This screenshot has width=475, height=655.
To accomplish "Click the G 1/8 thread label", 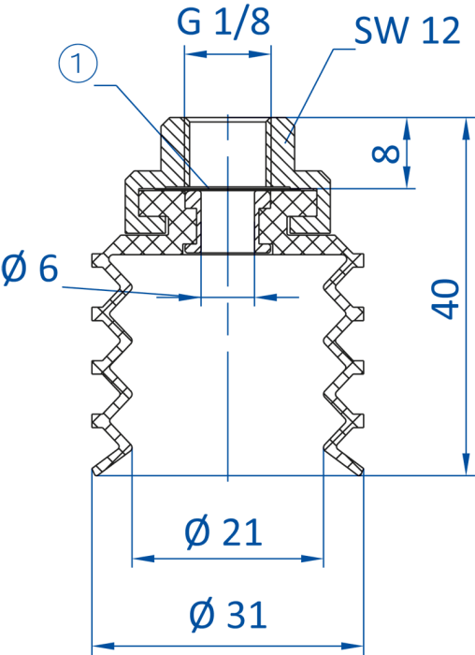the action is (223, 22).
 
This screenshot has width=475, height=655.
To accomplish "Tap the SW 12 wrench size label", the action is (407, 31).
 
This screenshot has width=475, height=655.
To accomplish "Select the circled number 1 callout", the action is (78, 65).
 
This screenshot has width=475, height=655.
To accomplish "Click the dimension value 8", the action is (385, 153).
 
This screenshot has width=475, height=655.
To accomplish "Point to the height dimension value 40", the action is (445, 299).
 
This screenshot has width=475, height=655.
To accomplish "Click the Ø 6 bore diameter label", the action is (29, 268).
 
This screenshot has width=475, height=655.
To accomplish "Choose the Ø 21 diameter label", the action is (223, 531).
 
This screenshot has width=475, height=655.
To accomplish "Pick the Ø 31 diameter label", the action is (228, 615).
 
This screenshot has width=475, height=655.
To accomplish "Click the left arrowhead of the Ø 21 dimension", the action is (143, 559).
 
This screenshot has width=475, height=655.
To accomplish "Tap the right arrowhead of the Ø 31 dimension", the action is (353, 646).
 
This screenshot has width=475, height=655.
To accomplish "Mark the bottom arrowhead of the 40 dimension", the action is (467, 464).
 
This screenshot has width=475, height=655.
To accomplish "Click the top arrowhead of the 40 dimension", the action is (467, 128).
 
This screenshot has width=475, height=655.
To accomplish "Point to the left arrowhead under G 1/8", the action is (195, 54).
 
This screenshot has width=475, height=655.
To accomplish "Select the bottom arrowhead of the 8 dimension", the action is (408, 178).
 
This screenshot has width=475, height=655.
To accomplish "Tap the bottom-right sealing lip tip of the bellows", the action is (361, 473).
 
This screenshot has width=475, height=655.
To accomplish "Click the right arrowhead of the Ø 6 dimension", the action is (266, 298).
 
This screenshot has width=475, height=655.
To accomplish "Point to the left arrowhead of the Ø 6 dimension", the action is (190, 298).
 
